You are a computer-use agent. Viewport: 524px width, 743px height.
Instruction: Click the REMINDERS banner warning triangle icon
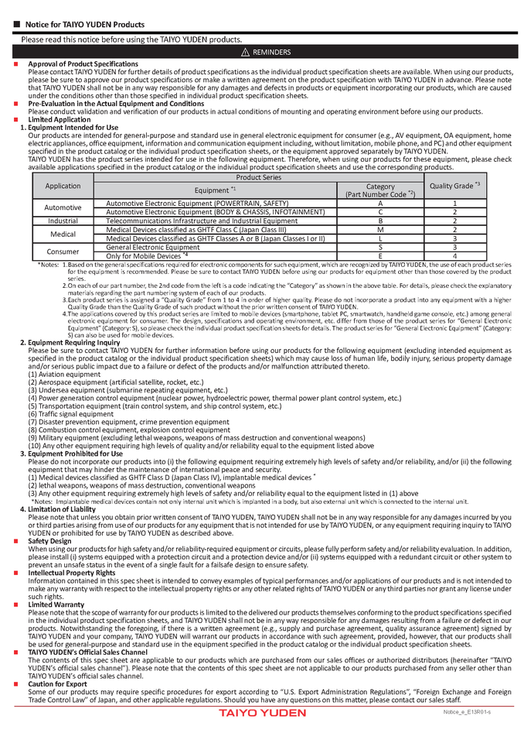[x=244, y=52]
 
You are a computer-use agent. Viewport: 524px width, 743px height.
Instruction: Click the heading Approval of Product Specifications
[x=83, y=63]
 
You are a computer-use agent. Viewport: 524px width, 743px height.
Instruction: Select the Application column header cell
[x=63, y=186]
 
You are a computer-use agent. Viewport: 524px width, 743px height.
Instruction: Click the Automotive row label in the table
[x=63, y=207]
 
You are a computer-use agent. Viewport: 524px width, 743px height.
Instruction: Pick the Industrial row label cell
[x=63, y=221]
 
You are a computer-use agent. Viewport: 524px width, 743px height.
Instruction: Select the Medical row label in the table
[x=63, y=234]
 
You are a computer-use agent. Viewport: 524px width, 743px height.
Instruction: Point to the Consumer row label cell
[x=63, y=252]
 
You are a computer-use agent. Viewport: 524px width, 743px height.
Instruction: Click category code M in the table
[x=380, y=230]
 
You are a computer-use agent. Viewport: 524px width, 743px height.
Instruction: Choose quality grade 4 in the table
[x=454, y=256]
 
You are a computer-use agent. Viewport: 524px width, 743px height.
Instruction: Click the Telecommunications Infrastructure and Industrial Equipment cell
[x=202, y=221]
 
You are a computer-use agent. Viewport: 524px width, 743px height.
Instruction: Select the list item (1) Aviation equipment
[x=63, y=374]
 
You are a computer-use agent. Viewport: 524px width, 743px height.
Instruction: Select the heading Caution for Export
[x=58, y=684]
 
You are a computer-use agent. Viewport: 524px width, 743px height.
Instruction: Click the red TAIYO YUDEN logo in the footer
[x=262, y=713]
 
